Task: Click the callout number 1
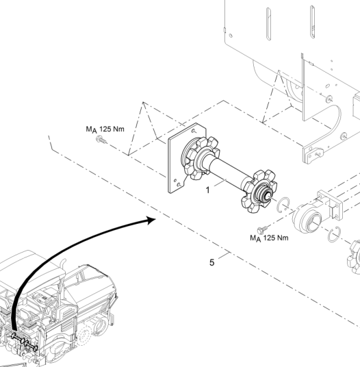coord(208,190)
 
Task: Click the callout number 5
coord(211,263)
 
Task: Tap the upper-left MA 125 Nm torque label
coord(105,129)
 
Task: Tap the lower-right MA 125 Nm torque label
coord(269,238)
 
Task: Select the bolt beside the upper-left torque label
coord(101,140)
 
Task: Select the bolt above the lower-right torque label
coord(262,229)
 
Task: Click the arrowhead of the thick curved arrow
coord(151,220)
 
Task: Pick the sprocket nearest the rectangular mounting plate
coord(201,158)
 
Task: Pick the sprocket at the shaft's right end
coord(259,192)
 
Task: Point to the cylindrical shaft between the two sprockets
coord(228,172)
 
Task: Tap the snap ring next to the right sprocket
coord(283,205)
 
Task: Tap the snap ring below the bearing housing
coord(334,235)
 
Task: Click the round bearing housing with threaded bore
coord(307,218)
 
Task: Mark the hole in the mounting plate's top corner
coord(194,131)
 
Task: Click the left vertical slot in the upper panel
coord(268,24)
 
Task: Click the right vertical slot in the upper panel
coord(312,22)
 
